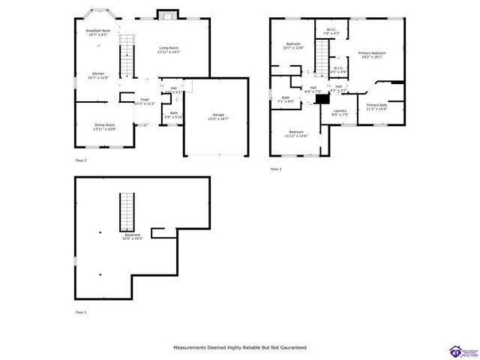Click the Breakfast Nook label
pyautogui.click(x=97, y=32)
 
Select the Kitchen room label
pyautogui.click(x=98, y=75)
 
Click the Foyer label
pyautogui.click(x=143, y=101)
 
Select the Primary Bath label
pyautogui.click(x=376, y=106)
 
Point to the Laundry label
pyautogui.click(x=340, y=112)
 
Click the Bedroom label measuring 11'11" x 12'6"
pyautogui.click(x=295, y=133)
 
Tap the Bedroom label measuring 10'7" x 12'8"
pyautogui.click(x=292, y=46)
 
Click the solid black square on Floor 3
pyautogui.click(x=322, y=97)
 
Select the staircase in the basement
pyautogui.click(x=127, y=211)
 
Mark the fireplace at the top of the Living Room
pyautogui.click(x=167, y=14)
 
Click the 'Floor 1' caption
pyautogui.click(x=81, y=311)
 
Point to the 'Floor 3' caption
pyautogui.click(x=276, y=169)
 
